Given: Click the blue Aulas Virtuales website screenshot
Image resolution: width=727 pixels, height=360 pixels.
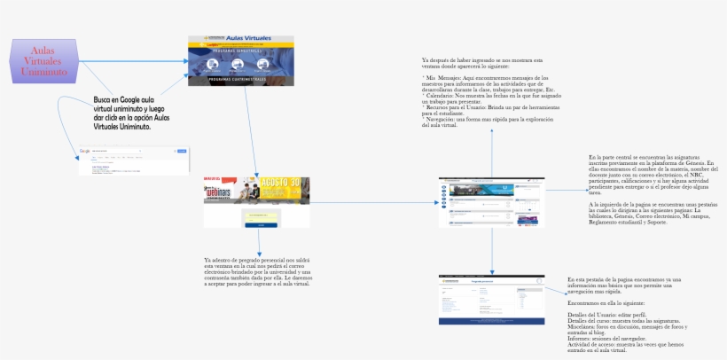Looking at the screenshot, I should tap(241, 61).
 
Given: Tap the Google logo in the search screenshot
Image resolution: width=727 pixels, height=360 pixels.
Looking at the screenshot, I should tap(86, 152).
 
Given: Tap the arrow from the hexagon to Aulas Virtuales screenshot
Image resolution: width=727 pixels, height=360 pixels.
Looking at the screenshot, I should tap(133, 61).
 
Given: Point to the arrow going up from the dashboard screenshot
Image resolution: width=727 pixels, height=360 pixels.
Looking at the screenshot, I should tap(490, 151).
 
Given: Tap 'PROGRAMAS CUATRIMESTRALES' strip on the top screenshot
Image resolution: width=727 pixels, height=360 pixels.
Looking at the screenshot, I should tap(241, 80).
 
